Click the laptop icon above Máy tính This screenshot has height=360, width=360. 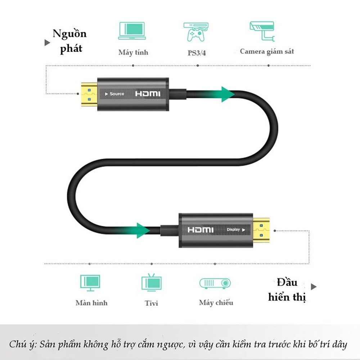click(x=132, y=31)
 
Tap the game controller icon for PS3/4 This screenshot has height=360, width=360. click(x=196, y=32)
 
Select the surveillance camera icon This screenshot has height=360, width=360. click(x=262, y=31)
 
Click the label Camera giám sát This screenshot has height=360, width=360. click(x=267, y=51)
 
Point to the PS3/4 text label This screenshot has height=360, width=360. click(x=197, y=53)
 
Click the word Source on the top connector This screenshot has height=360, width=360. click(x=117, y=94)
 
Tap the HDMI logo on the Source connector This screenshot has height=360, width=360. click(x=148, y=94)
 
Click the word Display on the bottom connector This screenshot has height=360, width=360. click(x=233, y=230)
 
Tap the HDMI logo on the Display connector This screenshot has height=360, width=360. click(x=201, y=230)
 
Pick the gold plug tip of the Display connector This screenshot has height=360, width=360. click(x=261, y=230)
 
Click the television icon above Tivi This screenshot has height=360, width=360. click(x=152, y=282)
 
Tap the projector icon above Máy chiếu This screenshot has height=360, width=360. click(x=215, y=283)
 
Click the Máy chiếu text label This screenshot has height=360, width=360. click(x=216, y=303)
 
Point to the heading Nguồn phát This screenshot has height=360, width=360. click(x=70, y=41)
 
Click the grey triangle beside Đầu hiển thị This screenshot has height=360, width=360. click(x=314, y=287)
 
